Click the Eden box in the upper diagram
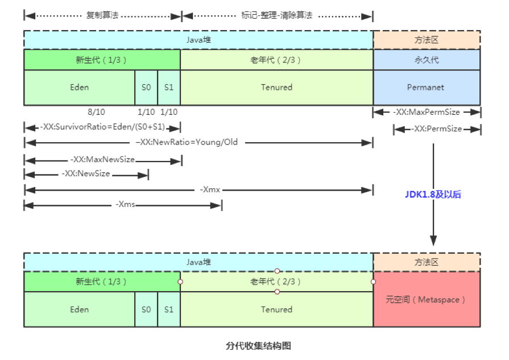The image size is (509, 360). [79, 88]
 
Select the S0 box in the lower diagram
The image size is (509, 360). [146, 310]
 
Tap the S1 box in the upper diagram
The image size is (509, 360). [169, 88]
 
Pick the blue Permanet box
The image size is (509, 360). [427, 88]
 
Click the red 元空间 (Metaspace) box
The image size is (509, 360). [427, 299]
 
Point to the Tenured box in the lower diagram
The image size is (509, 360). [276, 310]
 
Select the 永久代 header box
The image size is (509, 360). [427, 60]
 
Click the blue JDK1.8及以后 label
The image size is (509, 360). [433, 195]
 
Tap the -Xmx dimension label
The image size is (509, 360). [210, 189]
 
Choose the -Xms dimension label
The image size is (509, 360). [125, 204]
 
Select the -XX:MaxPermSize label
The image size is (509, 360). [427, 112]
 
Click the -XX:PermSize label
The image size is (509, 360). [436, 129]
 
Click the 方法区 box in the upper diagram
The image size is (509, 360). [427, 40]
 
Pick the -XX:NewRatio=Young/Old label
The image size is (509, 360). [194, 142]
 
